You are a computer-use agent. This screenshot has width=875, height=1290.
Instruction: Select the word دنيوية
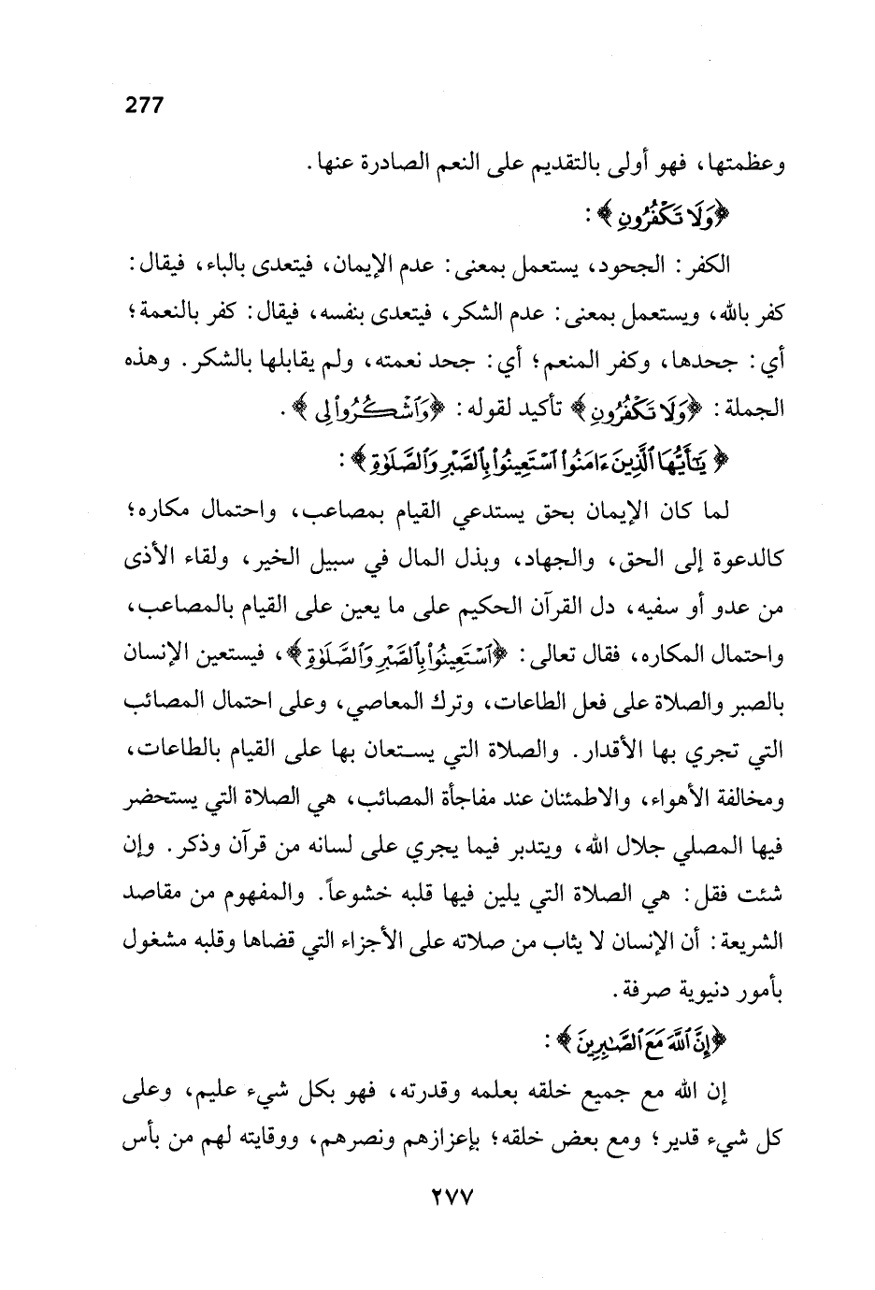pos(685,994)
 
